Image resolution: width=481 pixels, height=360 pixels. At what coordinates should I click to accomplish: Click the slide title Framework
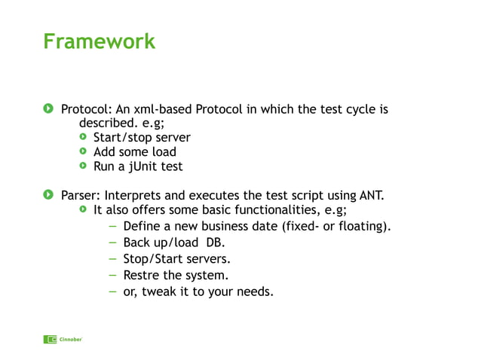pos(99,41)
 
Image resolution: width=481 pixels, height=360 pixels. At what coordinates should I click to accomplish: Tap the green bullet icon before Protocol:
pos(48,109)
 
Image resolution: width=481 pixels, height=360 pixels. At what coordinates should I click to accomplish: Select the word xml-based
pos(164,109)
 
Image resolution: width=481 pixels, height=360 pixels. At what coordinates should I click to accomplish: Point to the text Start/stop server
pos(142,138)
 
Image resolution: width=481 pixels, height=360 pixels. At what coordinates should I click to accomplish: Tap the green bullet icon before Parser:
pos(48,195)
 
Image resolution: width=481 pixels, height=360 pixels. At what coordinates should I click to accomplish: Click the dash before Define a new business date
pos(112,226)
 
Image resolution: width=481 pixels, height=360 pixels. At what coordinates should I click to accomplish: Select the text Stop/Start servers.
pos(176,258)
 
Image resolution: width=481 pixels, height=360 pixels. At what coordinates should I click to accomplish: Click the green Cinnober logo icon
pos(50,339)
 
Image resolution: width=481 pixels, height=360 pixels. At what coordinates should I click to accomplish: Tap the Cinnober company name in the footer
pos(71,340)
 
